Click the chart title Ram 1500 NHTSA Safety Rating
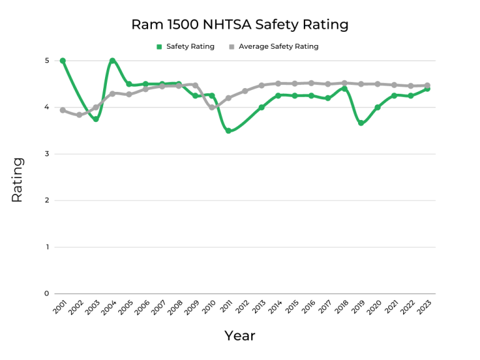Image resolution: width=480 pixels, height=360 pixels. tap(239, 25)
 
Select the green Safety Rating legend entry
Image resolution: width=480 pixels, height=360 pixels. tap(185, 47)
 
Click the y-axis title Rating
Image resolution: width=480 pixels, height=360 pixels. tap(17, 179)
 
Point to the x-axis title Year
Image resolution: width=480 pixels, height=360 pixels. tap(240, 336)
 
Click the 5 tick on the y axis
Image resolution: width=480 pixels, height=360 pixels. tap(46, 61)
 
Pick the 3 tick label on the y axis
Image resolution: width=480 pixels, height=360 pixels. tap(46, 154)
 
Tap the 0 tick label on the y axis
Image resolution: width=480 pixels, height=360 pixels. tap(46, 294)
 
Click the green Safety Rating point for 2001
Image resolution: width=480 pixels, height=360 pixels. tap(62, 61)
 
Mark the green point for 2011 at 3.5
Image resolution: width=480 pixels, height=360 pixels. tap(229, 131)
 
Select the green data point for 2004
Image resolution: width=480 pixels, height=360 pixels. tap(112, 61)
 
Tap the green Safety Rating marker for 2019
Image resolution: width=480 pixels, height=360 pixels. tap(361, 123)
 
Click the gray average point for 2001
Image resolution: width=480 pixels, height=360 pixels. tap(62, 110)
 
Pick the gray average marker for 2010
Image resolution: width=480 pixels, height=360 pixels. tap(212, 107)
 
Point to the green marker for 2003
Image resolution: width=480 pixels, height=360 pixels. tap(96, 119)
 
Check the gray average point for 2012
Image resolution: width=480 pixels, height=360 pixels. tap(245, 91)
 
